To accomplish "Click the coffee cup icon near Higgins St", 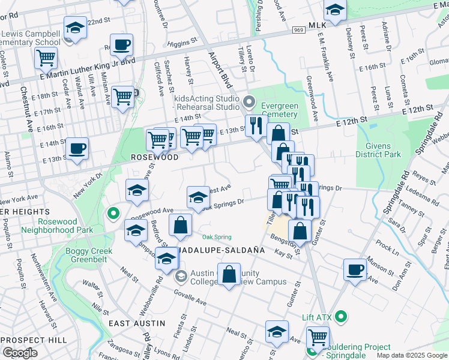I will pos(122,45).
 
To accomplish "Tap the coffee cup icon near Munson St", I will pos(355,270).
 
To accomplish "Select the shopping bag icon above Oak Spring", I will pos(181,226).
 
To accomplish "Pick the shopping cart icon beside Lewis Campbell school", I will pos(46,59).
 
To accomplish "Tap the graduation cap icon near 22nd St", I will pos(76,28).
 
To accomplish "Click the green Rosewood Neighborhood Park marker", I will pos(112,213).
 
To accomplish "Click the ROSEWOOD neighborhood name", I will pos(155,157).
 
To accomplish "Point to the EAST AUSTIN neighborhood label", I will pos(137,323).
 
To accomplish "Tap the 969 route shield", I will pos(298,29).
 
